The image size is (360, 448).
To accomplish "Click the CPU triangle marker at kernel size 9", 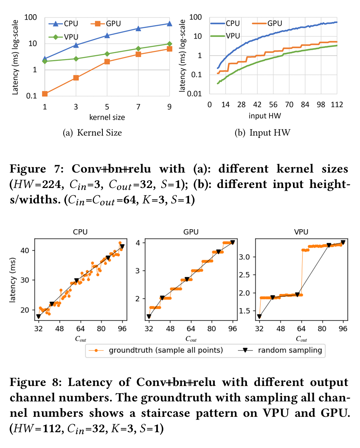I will tap(169, 23).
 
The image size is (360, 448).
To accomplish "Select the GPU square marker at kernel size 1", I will tap(45, 94).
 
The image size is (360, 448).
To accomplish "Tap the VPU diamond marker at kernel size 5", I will tap(107, 54).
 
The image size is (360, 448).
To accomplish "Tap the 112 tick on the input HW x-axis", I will tap(337, 104).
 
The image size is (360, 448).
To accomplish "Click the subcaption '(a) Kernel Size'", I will tap(92, 133).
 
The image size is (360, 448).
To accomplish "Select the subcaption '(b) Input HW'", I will tap(263, 133).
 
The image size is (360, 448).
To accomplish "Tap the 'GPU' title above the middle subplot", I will tap(191, 232).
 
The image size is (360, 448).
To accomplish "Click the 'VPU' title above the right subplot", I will tap(301, 232).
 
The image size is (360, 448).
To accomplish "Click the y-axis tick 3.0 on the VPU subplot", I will tap(248, 257).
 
